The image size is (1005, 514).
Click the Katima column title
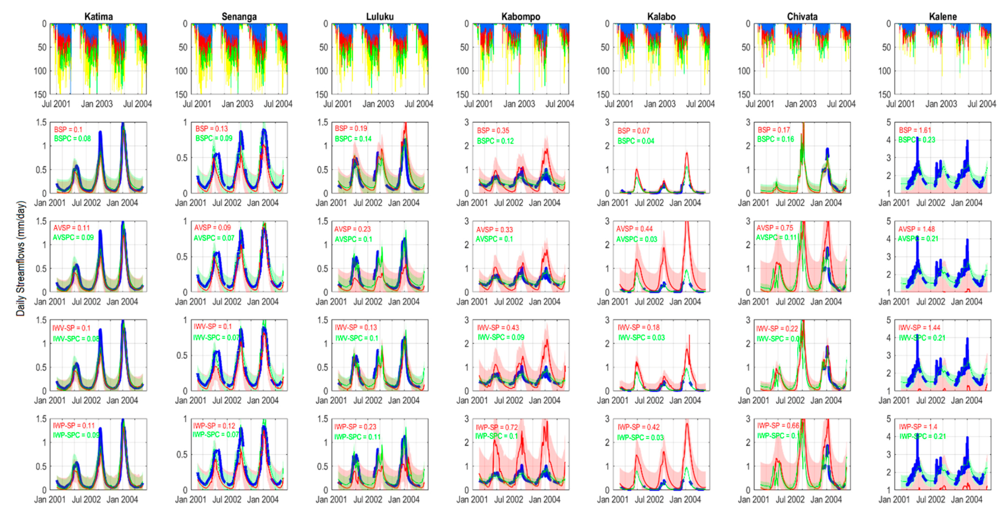(x=98, y=17)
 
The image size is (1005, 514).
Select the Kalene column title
(x=942, y=17)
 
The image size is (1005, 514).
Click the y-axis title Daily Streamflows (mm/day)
(x=21, y=259)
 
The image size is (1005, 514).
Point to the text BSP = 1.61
(x=915, y=130)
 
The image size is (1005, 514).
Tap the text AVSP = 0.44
(x=634, y=229)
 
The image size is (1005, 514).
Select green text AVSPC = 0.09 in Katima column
(x=73, y=237)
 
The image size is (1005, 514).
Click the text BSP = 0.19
(x=351, y=128)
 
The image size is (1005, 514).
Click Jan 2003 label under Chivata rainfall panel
(x=801, y=104)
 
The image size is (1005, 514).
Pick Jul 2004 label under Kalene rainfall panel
(x=982, y=104)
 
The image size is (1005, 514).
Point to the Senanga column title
(x=239, y=17)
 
